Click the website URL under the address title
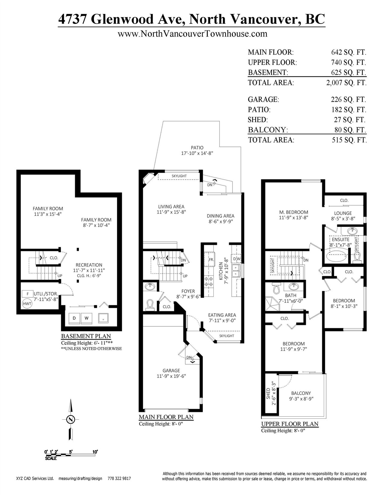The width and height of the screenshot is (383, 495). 192,34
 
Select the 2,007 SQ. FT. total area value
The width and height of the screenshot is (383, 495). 346,82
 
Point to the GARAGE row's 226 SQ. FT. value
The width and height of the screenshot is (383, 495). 348,100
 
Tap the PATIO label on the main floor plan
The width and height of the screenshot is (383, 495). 197,148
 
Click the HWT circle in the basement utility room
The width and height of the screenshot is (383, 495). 27,304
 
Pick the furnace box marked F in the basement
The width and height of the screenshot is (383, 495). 28,294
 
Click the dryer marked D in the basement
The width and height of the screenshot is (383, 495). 74,318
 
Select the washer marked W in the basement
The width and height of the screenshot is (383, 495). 86,318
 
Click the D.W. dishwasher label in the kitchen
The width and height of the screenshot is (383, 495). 236,259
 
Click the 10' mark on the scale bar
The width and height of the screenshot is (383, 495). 95,451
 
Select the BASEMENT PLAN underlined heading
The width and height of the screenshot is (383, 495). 86,336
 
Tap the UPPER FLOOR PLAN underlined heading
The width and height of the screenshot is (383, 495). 290,424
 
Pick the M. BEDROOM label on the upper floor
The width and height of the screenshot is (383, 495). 294,212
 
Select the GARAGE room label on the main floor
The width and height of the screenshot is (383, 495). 171,371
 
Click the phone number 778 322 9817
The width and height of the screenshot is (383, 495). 119,479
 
